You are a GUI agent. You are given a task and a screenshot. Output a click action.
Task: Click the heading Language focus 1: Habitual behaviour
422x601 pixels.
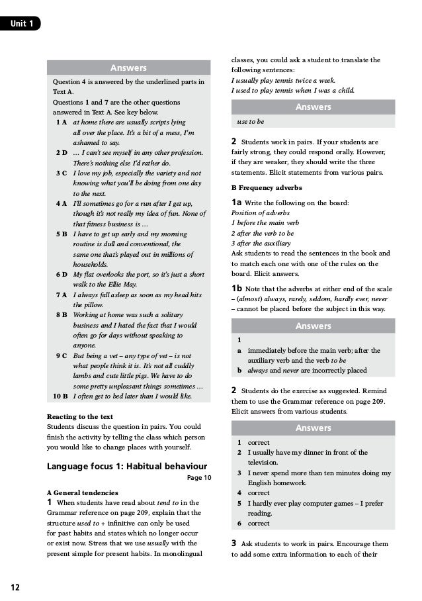pyautogui.click(x=127, y=466)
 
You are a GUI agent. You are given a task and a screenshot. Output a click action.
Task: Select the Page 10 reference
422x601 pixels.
pyautogui.click(x=199, y=477)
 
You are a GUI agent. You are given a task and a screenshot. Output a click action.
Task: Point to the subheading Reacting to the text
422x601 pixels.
pyautogui.click(x=80, y=417)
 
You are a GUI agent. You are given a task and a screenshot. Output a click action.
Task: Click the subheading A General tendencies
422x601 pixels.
pyautogui.click(x=83, y=493)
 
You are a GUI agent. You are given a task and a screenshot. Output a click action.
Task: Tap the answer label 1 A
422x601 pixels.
pyautogui.click(x=62, y=122)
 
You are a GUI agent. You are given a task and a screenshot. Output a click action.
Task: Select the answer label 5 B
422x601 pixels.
pyautogui.click(x=62, y=234)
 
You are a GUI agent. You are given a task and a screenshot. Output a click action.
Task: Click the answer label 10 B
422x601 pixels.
pyautogui.click(x=60, y=396)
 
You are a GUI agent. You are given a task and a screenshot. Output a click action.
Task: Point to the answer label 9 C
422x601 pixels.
pyautogui.click(x=62, y=355)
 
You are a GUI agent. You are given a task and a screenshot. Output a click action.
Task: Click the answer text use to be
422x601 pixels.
pyautogui.click(x=251, y=122)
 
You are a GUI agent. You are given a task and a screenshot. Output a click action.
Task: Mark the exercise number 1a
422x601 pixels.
pyautogui.click(x=236, y=203)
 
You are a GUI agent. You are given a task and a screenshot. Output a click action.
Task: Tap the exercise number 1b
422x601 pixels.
pyautogui.click(x=236, y=289)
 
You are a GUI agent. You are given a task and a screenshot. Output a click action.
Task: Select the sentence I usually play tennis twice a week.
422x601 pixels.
pyautogui.click(x=283, y=80)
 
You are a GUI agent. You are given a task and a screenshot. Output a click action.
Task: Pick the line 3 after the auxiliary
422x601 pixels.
pyautogui.click(x=264, y=244)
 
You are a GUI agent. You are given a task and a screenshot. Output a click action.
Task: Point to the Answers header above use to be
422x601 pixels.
pyautogui.click(x=313, y=107)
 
